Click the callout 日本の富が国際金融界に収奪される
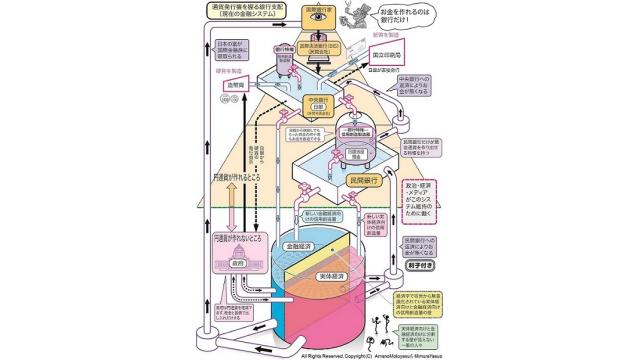[x=236, y=51]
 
